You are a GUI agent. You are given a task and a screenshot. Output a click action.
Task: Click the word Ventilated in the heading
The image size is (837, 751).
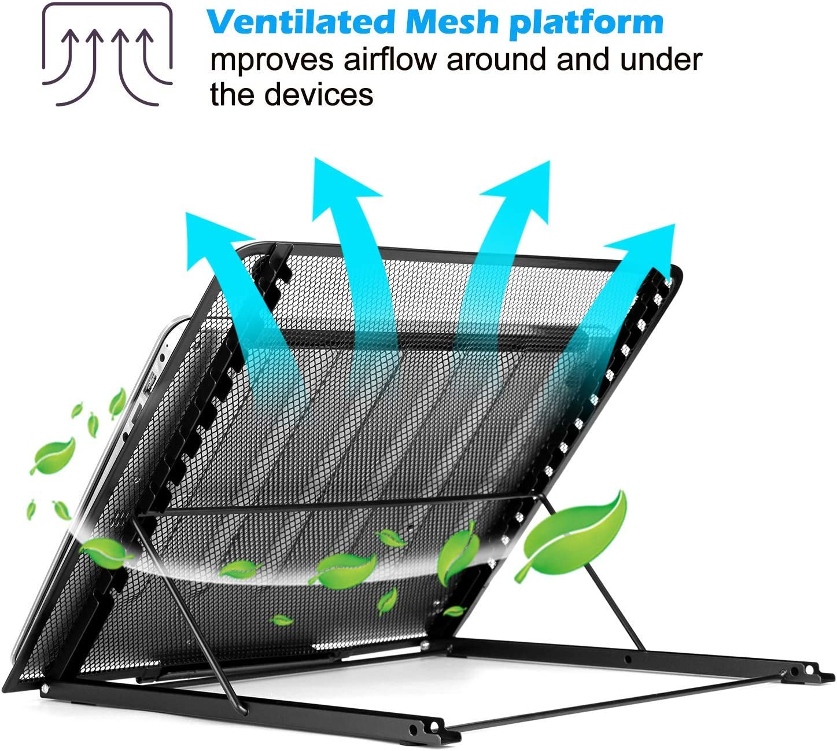pos(300,22)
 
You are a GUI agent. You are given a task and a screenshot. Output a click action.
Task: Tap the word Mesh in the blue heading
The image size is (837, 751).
pos(452,22)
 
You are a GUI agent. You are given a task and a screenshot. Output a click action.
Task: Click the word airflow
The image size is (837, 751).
pos(390,60)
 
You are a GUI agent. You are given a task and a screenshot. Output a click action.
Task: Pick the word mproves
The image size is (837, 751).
pos(272,62)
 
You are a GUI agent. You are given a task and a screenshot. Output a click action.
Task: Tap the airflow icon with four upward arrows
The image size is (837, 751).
pos(108,54)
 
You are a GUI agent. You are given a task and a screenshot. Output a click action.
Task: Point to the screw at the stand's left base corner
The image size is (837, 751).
pos(44,689)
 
